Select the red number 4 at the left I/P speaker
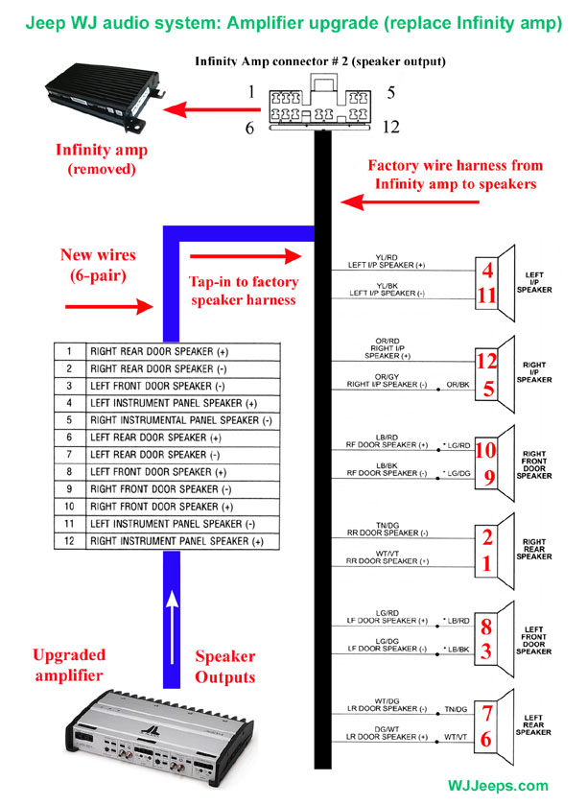tap(488, 271)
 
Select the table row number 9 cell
tap(69, 489)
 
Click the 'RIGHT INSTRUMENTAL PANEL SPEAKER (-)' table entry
tap(180, 420)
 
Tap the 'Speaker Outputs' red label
tap(225, 667)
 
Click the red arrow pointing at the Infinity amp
tap(207, 111)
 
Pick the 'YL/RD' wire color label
tap(361, 257)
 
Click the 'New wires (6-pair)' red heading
tap(98, 264)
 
